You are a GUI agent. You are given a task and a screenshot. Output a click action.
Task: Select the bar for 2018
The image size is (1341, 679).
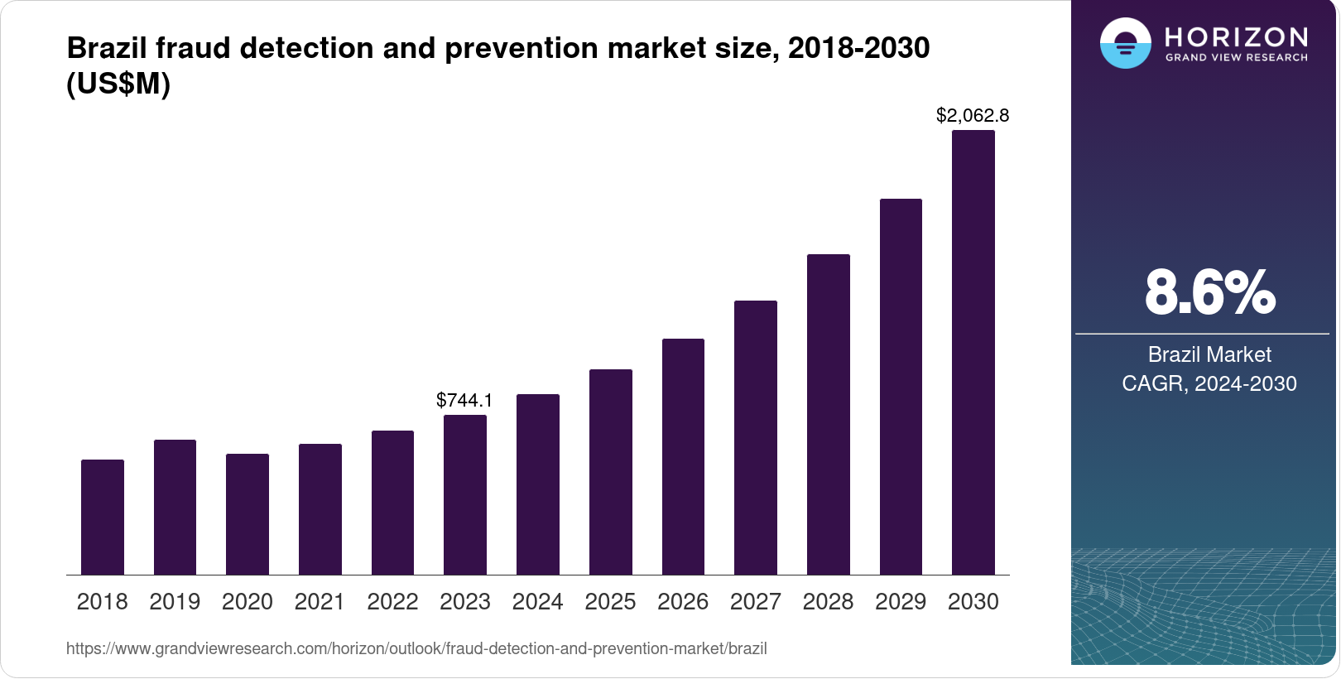[103, 517]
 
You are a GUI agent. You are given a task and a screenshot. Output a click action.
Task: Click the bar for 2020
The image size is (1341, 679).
[248, 514]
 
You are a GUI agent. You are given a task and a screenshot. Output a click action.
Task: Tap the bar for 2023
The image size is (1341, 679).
[465, 494]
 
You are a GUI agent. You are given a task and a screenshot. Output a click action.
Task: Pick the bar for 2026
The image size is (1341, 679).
[683, 456]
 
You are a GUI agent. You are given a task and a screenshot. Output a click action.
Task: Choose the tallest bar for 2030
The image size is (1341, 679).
[973, 352]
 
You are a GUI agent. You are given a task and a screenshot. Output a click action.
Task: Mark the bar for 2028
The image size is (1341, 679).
[829, 414]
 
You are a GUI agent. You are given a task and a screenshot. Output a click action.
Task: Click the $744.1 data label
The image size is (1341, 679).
[464, 401]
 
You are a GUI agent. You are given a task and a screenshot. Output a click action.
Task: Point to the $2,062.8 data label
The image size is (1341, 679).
[973, 116]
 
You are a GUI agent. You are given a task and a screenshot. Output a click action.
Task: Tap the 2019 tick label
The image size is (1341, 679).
[175, 602]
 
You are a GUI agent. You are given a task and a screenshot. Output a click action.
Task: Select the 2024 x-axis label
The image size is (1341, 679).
[537, 602]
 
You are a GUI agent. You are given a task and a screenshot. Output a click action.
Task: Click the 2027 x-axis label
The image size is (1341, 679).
[755, 602]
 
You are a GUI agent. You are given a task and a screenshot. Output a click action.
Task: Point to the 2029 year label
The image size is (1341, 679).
[901, 602]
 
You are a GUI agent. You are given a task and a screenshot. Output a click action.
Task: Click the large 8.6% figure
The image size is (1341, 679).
[1209, 292]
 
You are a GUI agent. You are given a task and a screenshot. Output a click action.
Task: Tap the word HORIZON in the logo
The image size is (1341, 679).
[1237, 37]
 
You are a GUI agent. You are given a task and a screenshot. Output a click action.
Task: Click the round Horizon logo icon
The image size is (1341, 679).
[1125, 43]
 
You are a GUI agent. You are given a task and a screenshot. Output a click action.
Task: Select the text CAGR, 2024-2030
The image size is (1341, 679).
[1209, 383]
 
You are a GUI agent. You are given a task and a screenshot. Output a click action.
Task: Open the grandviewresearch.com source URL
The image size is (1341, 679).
[416, 649]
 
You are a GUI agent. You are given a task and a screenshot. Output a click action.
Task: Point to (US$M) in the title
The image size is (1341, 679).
[118, 84]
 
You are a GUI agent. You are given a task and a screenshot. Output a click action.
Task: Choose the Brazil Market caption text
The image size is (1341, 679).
[1209, 354]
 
